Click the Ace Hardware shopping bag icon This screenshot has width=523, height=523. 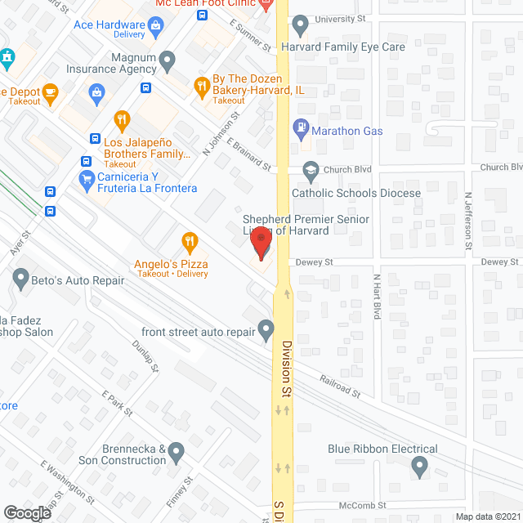pos(154,25)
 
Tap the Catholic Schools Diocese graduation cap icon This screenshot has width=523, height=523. pos(310,171)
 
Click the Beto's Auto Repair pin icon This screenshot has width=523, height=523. pos(21,279)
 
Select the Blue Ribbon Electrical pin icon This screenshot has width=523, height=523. pos(419,467)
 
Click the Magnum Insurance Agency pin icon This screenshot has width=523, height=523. pos(168,59)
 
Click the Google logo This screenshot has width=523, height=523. pos(26,512)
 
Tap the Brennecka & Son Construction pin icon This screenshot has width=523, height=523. pos(177,451)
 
